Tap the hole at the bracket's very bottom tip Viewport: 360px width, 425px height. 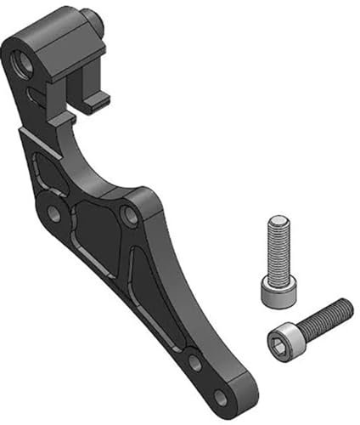(221, 397)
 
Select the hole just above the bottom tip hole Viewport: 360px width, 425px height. (194, 363)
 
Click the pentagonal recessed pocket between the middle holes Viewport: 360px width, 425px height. (95, 229)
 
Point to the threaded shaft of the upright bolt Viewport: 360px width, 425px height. (278, 251)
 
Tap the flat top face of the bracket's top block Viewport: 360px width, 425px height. (51, 25)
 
